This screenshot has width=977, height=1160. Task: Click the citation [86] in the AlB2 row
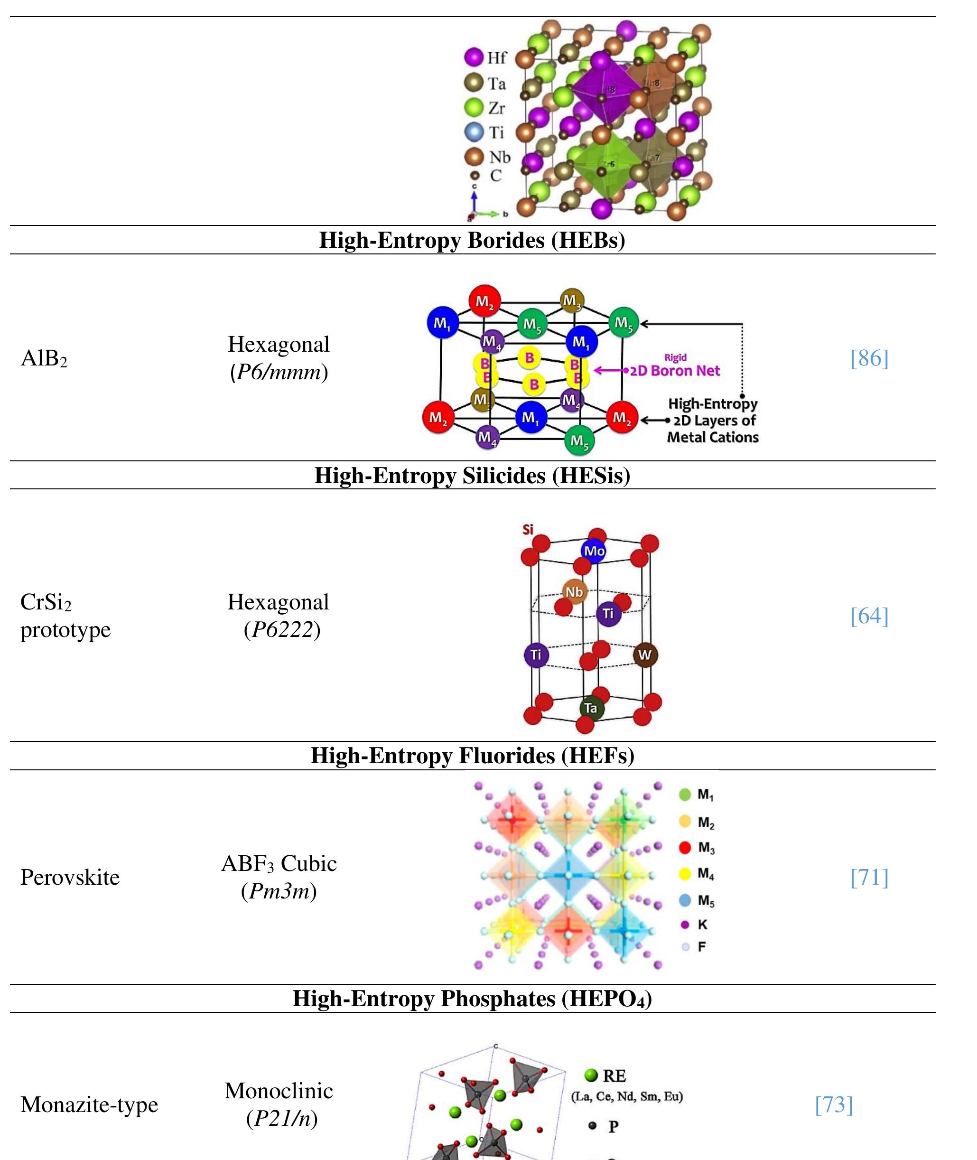click(869, 358)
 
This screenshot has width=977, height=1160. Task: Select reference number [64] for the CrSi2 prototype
click(869, 616)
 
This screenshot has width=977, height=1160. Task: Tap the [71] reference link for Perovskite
click(869, 878)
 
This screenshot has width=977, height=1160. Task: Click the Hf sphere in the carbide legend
click(474, 57)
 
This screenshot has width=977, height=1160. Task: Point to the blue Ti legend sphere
click(474, 132)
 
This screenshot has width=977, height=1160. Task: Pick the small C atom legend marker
click(474, 176)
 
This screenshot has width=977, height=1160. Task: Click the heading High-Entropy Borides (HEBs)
click(472, 240)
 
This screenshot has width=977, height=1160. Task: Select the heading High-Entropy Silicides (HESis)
click(472, 475)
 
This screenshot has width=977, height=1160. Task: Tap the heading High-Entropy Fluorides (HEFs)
click(472, 756)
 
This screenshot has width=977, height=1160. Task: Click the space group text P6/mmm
click(279, 372)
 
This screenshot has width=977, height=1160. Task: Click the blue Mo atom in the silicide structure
click(594, 551)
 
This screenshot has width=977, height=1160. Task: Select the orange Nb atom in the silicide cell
click(574, 592)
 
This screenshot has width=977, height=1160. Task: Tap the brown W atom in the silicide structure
click(645, 655)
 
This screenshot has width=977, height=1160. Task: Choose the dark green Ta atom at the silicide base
click(591, 708)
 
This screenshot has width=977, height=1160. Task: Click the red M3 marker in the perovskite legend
click(685, 848)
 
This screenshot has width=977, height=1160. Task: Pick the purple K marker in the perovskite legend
click(685, 925)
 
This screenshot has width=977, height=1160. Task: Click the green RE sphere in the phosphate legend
click(591, 1075)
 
